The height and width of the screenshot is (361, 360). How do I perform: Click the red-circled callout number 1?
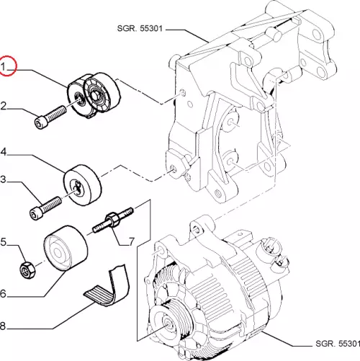point(3,66)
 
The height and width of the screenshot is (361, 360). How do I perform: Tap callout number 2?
point(3,106)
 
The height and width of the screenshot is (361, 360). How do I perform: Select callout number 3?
point(3,179)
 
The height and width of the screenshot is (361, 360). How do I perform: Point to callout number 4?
point(4,152)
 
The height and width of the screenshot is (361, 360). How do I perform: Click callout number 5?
point(3,242)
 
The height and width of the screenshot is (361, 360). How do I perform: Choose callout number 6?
point(3,293)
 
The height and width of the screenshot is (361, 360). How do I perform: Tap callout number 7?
point(132,241)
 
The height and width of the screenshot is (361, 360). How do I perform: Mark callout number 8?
point(2,326)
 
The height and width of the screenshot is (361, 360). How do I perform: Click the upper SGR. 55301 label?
point(140,28)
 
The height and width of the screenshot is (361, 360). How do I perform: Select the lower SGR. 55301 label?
point(338,344)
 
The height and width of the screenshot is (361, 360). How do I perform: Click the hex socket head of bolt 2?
point(40,123)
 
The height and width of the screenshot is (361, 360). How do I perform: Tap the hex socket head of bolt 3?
point(35,213)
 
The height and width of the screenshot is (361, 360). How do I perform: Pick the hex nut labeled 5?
point(27,270)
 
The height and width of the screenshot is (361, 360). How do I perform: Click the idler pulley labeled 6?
point(66,248)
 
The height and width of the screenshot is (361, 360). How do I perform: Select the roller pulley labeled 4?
point(82,185)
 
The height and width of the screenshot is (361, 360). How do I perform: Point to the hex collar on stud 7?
point(112,219)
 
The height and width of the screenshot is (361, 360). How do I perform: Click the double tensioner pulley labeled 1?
point(93,95)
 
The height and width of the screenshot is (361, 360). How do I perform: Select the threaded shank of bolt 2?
point(55,113)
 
